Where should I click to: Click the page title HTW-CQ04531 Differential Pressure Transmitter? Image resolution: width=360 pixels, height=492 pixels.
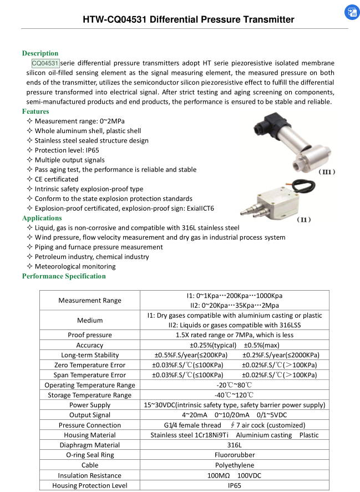pyautogui.click(x=188, y=20)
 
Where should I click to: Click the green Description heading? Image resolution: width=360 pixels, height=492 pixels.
pyautogui.click(x=40, y=53)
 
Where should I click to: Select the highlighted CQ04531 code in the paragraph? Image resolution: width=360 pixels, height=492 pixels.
pyautogui.click(x=45, y=63)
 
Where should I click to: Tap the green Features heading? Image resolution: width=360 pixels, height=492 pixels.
pyautogui.click(x=36, y=111)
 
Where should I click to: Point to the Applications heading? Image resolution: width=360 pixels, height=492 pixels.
pyautogui.click(x=42, y=218)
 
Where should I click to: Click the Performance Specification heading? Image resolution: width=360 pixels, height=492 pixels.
pyautogui.click(x=64, y=276)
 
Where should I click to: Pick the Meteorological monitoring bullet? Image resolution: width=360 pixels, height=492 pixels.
pyautogui.click(x=75, y=266)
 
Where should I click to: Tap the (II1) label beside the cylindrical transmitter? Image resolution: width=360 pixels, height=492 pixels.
pyautogui.click(x=326, y=173)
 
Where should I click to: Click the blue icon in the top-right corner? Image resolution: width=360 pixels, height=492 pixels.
pyautogui.click(x=351, y=13)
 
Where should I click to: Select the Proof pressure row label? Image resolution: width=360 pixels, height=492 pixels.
pyautogui.click(x=90, y=335)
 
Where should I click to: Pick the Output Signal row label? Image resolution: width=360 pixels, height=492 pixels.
pyautogui.click(x=90, y=415)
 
